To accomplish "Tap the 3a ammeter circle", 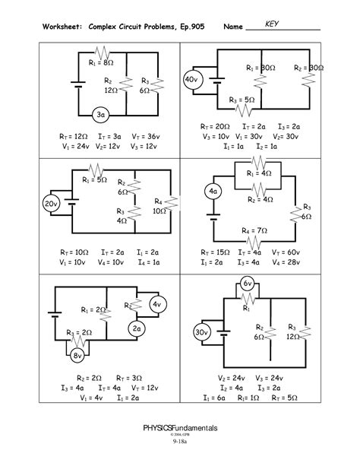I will tap(100, 115).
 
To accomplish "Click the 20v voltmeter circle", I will tap(51, 204).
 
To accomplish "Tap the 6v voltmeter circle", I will tap(247, 284).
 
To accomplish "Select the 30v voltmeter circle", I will tap(201, 333).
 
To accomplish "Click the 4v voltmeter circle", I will tap(157, 305).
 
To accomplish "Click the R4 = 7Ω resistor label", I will tap(254, 230).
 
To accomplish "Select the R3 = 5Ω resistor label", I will tap(241, 100).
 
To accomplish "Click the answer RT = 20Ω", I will tap(216, 126).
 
